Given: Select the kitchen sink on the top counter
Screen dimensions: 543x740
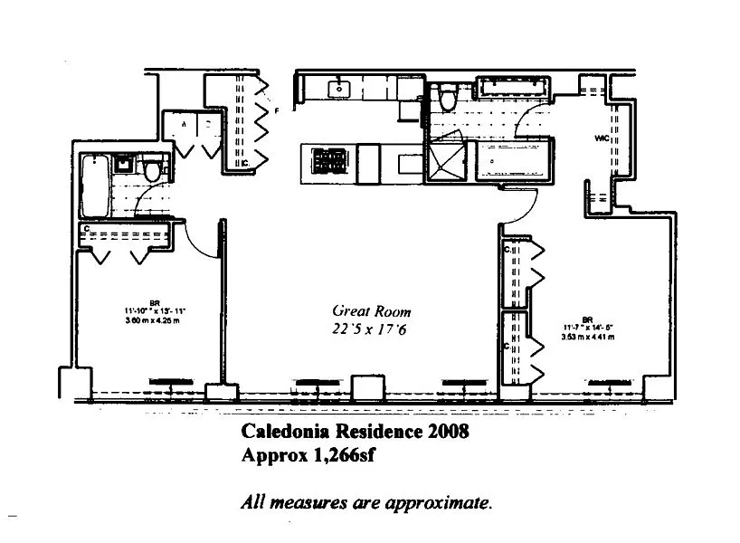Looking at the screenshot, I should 342,88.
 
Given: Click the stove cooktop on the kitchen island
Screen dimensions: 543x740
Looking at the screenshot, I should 331,160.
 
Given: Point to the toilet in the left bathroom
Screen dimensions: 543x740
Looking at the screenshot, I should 153,168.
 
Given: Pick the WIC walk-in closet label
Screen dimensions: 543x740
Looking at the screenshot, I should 601,138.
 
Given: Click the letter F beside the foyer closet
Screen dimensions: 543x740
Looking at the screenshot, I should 278,110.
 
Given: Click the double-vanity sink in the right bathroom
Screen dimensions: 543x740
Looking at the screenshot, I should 511,88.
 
